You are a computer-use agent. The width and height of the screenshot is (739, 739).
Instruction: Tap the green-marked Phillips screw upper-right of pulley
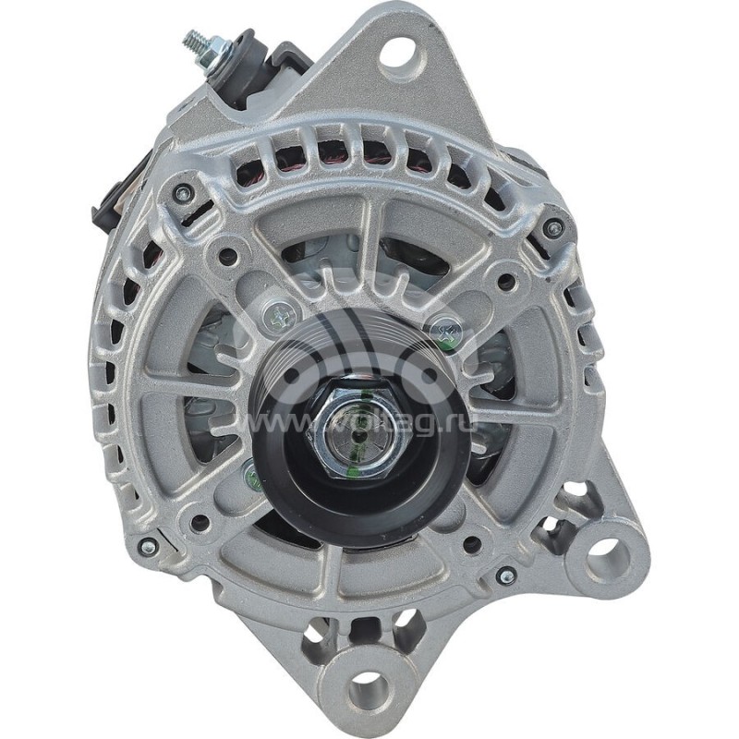[447, 331]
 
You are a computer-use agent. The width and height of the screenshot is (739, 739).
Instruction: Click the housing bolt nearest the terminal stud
[183, 193]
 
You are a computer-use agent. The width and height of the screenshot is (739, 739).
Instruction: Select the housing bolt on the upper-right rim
[552, 228]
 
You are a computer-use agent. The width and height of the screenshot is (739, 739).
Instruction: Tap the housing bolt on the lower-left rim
[148, 547]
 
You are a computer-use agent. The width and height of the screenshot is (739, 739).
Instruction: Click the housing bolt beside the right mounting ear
[505, 575]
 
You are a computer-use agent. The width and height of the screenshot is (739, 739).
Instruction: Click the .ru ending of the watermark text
[454, 424]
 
